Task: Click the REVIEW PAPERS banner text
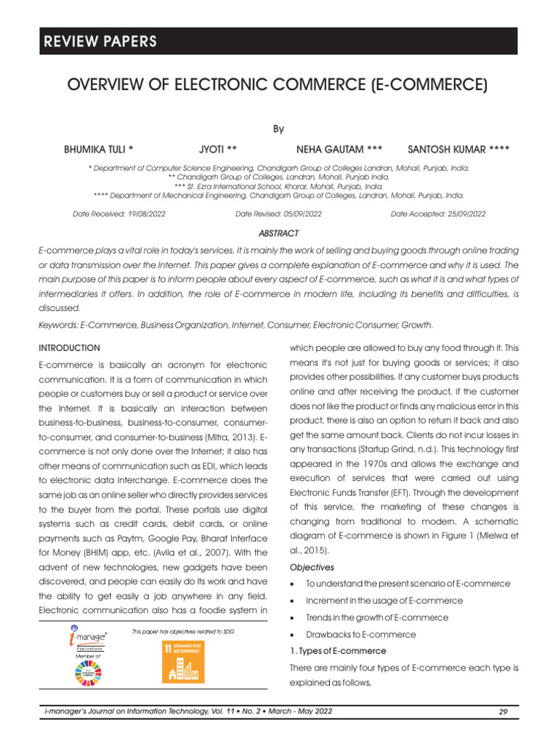tap(98, 41)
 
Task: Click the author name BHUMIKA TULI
tap(99, 150)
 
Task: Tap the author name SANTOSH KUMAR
tap(458, 150)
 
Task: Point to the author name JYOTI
tap(218, 150)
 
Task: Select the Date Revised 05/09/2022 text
tap(278, 214)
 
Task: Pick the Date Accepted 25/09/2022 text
tap(438, 214)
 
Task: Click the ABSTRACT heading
tap(279, 233)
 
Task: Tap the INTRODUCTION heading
tap(69, 348)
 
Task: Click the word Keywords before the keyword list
tap(57, 325)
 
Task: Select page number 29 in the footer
tap(503, 711)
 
